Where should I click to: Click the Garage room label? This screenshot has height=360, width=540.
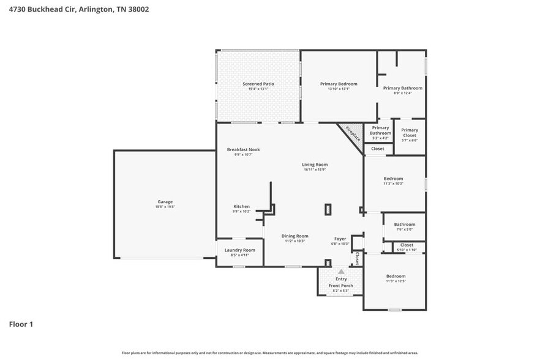165,201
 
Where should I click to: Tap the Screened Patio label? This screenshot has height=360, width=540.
258,84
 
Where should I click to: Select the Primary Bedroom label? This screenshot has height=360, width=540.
339,84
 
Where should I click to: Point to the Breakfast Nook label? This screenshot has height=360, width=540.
243,149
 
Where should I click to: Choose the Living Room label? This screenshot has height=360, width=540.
315,164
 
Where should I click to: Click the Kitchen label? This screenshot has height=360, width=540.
241,206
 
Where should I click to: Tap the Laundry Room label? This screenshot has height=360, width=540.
240,250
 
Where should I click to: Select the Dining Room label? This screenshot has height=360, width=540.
294,236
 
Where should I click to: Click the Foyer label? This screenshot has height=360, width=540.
340,239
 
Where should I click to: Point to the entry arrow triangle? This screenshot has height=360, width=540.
341,271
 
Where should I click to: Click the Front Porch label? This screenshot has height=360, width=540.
340,286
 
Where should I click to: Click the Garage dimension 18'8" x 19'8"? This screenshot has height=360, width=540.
165,207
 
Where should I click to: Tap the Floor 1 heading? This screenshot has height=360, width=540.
21,324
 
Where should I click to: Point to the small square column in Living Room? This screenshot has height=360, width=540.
328,209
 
